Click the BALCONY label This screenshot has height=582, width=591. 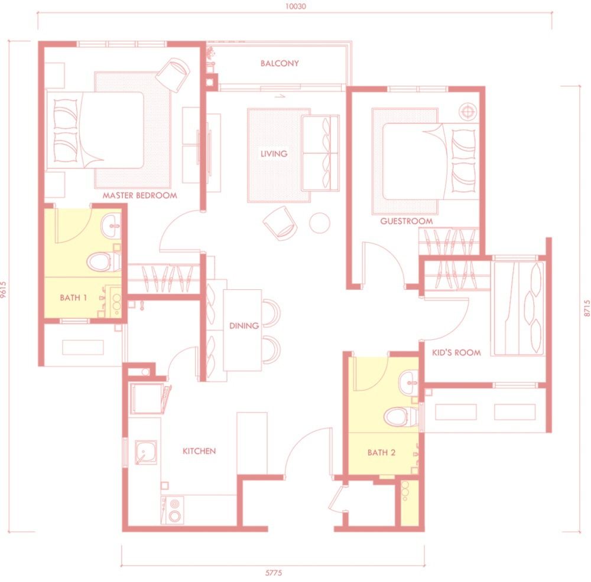280,63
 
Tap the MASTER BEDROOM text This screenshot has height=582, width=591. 139,195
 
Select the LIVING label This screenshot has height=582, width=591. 274,153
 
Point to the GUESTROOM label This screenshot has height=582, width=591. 406,221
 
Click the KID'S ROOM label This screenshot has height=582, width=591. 456,352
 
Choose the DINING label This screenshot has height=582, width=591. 244,325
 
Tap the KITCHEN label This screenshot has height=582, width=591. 199,451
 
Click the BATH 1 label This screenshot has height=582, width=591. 73,298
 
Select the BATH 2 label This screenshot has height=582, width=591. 381,453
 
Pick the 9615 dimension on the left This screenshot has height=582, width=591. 5,291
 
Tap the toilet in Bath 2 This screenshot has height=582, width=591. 397,417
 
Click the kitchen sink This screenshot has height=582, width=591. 145,452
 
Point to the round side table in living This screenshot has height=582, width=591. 320,222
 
